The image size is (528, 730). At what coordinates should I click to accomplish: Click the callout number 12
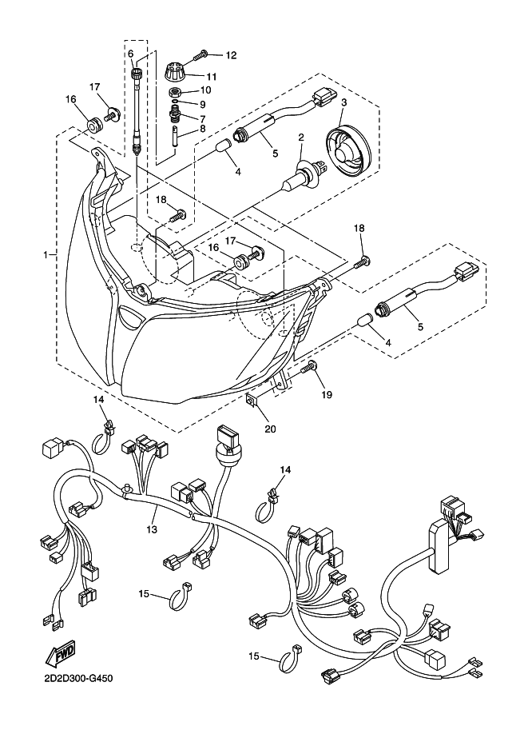click(x=231, y=55)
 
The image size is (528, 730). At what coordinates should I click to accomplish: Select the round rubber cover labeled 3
click(x=348, y=150)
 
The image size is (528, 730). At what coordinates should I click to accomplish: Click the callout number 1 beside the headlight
click(x=46, y=255)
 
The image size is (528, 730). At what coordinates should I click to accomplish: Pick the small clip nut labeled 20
click(x=251, y=401)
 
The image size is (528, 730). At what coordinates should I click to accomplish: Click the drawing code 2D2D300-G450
click(x=75, y=678)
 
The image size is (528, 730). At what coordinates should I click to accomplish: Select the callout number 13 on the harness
click(x=152, y=529)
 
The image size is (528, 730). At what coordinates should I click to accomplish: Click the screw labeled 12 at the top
click(x=201, y=55)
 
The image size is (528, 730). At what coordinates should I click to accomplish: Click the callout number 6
click(x=131, y=54)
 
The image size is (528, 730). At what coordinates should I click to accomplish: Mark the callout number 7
click(x=202, y=118)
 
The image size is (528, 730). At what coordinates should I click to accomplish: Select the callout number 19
click(x=327, y=395)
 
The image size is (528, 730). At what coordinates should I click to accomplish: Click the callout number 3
click(x=344, y=102)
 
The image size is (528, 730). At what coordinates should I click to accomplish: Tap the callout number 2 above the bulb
click(x=301, y=137)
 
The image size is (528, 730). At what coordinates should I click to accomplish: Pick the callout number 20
click(x=270, y=429)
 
